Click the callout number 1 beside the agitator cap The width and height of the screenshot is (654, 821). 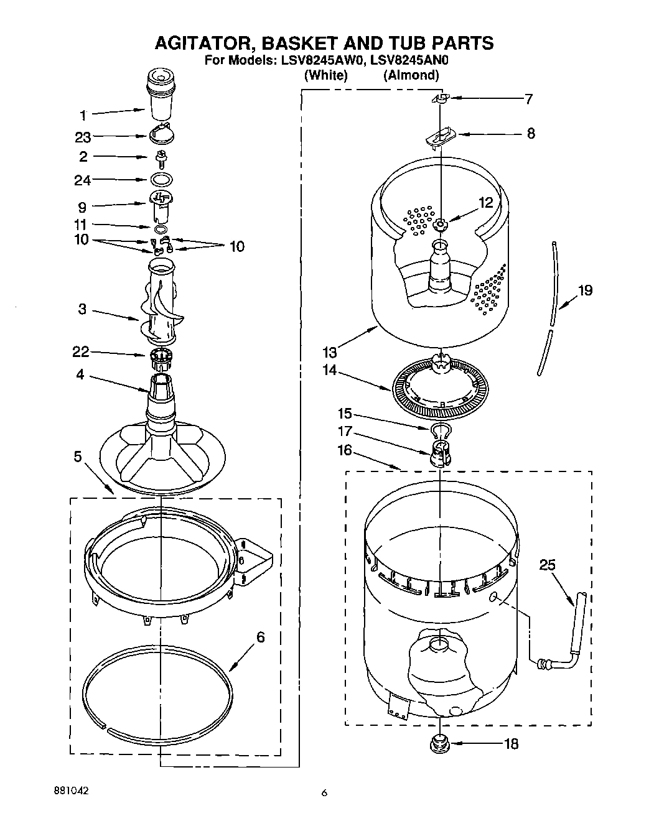(83, 114)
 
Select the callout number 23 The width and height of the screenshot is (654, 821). (83, 137)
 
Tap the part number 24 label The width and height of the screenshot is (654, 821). (82, 180)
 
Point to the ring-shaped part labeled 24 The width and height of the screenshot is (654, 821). (161, 180)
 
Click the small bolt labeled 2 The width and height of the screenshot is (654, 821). (161, 157)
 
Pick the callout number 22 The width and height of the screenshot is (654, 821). (81, 352)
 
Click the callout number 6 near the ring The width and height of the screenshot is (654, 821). (261, 638)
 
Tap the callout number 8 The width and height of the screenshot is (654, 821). (531, 133)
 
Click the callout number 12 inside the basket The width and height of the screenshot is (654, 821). (485, 202)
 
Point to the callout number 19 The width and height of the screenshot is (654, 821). (585, 290)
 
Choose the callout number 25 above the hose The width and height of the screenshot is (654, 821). (548, 565)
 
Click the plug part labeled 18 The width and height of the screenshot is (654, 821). (441, 743)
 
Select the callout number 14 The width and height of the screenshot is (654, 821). (329, 370)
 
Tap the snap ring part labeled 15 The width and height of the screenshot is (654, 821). (441, 429)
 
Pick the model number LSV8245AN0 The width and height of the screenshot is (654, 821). (409, 60)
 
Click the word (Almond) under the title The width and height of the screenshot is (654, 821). (411, 75)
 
